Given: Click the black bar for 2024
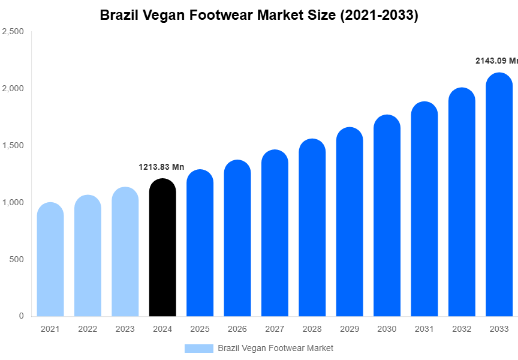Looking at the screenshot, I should coord(162,249).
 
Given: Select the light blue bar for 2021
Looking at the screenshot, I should coord(50,261).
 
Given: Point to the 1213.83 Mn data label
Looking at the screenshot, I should coord(161,167).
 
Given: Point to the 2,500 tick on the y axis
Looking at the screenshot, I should coord(13,32).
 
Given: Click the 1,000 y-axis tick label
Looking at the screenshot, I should coord(13,203).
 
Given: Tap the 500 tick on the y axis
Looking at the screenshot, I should coord(16,259).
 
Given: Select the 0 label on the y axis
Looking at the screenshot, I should coord(21,316).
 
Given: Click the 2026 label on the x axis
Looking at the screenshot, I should coord(237,329).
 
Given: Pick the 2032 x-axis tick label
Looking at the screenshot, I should coord(461,329).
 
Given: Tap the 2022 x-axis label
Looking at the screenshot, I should coord(88,329).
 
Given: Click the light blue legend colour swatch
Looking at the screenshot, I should coord(198,348).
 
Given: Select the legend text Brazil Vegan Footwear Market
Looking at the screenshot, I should coord(275,348).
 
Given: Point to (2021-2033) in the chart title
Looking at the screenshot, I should coord(379,15).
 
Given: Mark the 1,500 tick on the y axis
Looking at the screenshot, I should coord(13,146).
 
